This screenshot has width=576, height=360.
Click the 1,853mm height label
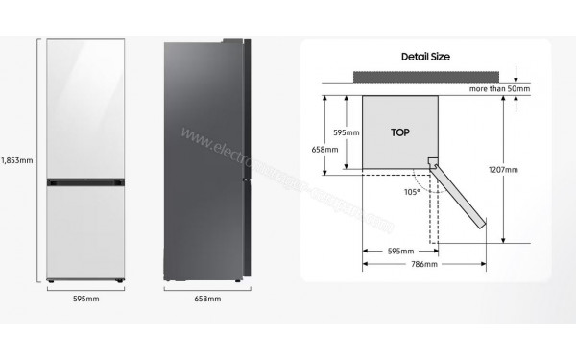16,159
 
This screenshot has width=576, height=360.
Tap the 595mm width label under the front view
85,300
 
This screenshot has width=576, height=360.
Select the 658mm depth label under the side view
207,300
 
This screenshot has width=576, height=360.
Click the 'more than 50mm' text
499,88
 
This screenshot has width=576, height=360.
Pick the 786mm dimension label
423,264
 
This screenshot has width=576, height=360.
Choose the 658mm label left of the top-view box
325,150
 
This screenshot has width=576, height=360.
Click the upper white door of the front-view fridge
85,107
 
